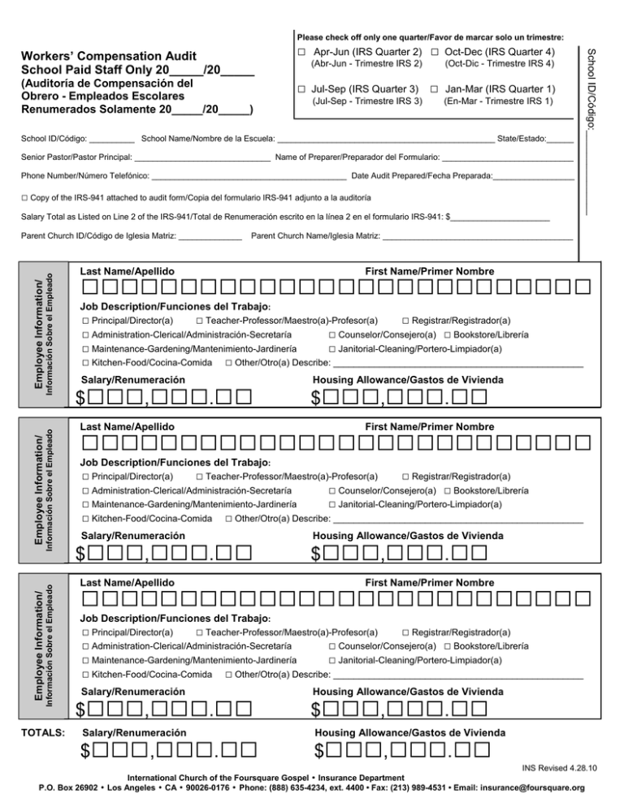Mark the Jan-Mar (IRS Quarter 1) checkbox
point(435,88)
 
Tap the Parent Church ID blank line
point(209,237)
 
